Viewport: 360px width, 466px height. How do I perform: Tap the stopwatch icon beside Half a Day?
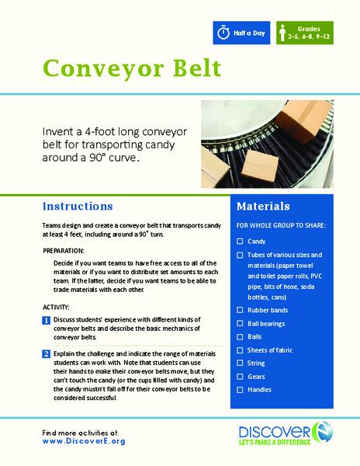coord(223,33)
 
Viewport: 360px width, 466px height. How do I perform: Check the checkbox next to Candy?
coord(240,242)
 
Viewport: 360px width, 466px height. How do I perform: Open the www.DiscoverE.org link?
coord(85,440)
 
